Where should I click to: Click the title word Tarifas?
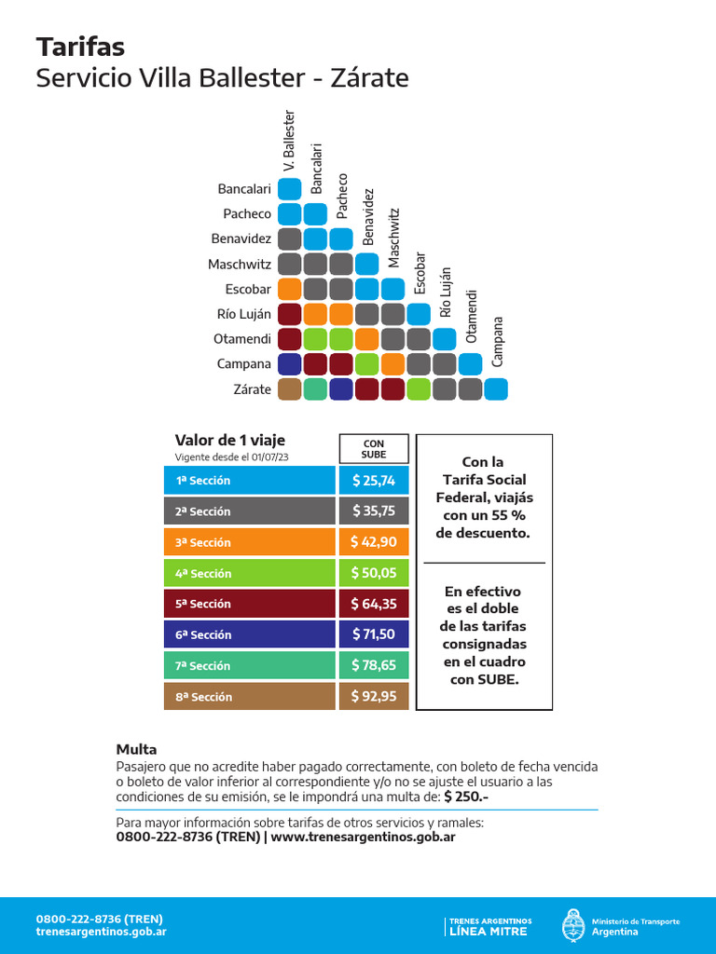coord(80,47)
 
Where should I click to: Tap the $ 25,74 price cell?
coord(374,481)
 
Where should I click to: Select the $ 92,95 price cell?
coord(374,696)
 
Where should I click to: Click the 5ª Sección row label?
coord(249,604)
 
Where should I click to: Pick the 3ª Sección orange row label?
coord(249,542)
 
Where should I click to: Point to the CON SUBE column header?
coord(374,449)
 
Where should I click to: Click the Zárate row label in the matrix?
coord(253,389)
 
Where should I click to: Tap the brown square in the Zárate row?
coord(289,389)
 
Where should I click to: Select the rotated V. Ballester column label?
coord(289,141)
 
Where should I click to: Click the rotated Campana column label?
coord(498,342)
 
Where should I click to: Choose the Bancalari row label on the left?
coord(244,189)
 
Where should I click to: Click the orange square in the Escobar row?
coord(289,289)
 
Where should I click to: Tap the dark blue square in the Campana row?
coord(289,364)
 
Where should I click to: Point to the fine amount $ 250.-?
coord(466,797)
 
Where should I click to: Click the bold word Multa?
coord(136,749)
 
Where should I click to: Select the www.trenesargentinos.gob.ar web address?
coord(364,837)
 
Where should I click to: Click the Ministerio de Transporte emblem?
coord(572,925)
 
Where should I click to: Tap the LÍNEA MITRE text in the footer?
coord(488,931)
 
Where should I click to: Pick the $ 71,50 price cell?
coord(374,634)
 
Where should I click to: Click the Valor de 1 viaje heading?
coord(230,441)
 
